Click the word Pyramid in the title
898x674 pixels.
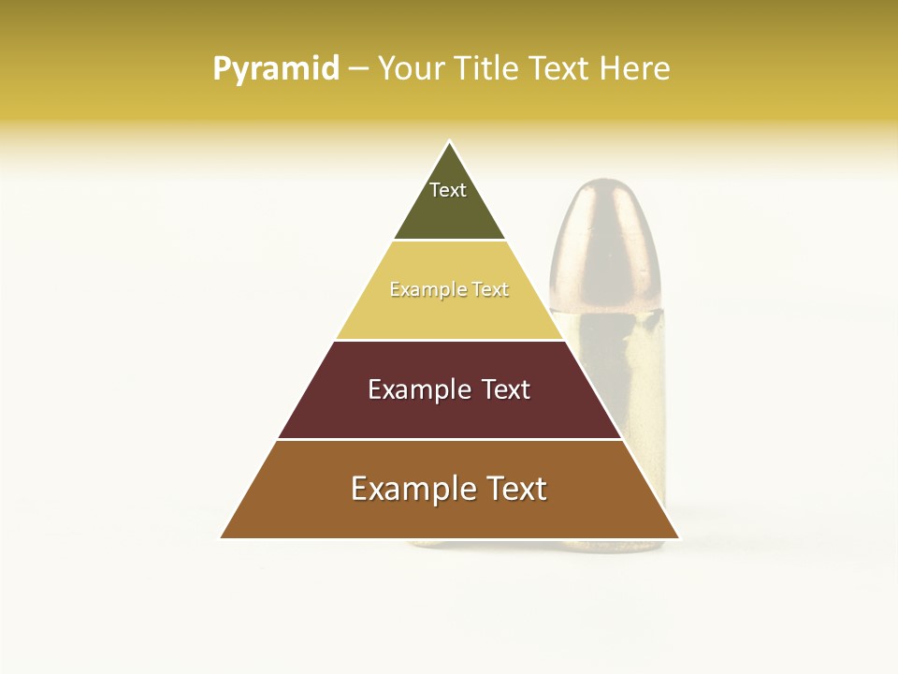click(276, 68)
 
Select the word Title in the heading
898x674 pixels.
click(489, 68)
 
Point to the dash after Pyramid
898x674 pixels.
click(358, 69)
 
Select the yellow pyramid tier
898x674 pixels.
click(449, 314)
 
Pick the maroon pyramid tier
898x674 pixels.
click(449, 412)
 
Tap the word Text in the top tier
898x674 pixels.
click(448, 190)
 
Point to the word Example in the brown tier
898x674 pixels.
click(412, 489)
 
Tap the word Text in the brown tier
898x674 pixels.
click(517, 489)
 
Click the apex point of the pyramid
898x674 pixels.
click(450, 142)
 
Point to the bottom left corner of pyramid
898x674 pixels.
click(222, 537)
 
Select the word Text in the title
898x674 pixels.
click(561, 68)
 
